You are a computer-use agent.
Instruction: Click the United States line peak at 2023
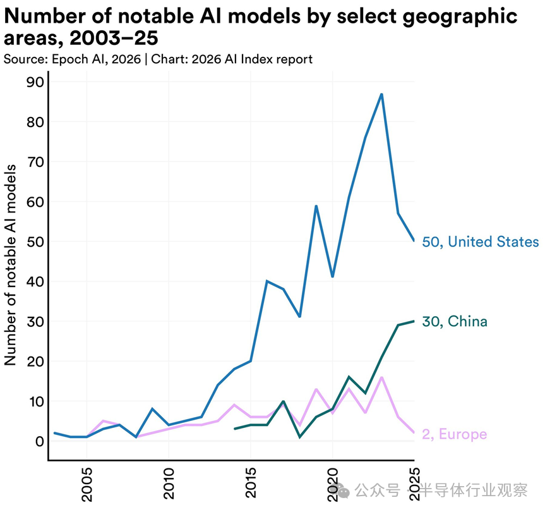[x=381, y=94]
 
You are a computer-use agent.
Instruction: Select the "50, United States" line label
[x=480, y=242]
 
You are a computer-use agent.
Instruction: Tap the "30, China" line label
[x=454, y=322]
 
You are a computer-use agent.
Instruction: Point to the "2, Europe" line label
[x=454, y=434]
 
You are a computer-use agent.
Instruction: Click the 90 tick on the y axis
[x=34, y=82]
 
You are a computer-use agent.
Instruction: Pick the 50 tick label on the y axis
[x=34, y=241]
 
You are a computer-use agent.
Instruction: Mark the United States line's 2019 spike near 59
[x=316, y=206]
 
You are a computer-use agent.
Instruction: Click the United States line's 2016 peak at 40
[x=267, y=281]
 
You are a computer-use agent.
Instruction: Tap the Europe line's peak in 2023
[x=381, y=377]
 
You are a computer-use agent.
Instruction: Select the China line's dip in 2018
[x=300, y=437]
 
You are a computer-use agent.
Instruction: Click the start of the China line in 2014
[x=234, y=429]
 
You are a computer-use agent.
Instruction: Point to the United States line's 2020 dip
[x=332, y=277]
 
